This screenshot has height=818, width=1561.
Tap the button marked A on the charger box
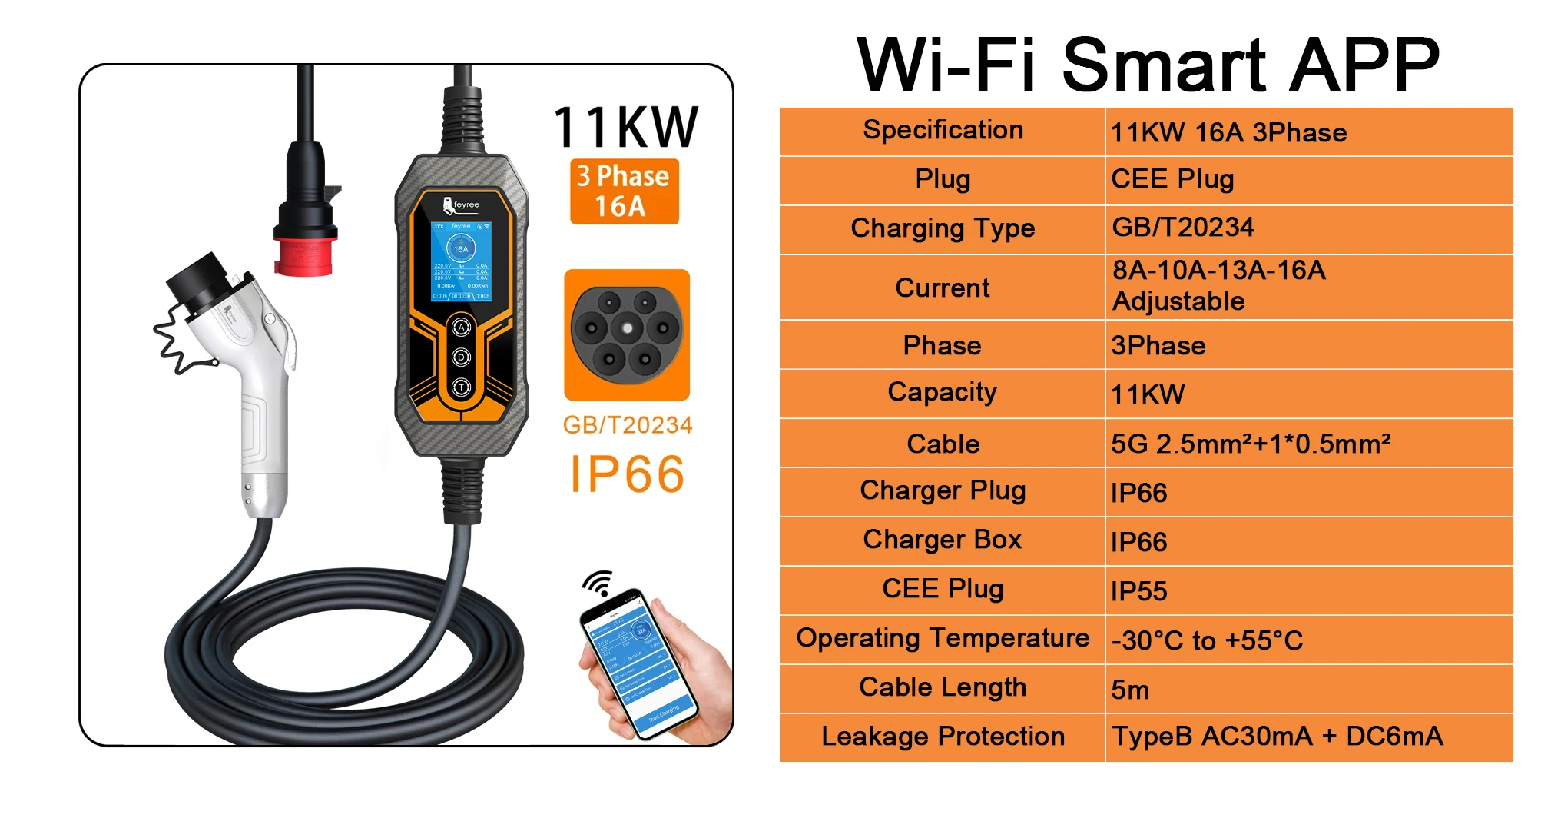point(461,328)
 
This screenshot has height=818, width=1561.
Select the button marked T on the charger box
point(461,387)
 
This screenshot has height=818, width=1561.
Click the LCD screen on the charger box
point(461,261)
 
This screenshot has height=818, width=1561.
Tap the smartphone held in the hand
point(638,662)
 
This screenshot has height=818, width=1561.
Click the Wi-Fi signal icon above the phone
point(598,583)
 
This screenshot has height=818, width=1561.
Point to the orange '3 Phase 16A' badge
point(624,191)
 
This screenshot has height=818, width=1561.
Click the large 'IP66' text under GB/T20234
point(627,474)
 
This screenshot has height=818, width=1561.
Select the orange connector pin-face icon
point(627,334)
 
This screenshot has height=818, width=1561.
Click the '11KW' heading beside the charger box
point(625,127)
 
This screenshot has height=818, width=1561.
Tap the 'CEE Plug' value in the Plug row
point(1172,179)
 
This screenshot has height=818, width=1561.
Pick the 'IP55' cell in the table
point(1138,591)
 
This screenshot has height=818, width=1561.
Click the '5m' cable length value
point(1130,690)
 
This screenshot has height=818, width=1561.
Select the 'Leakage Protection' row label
point(943,737)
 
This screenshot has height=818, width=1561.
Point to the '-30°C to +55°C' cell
point(1207,640)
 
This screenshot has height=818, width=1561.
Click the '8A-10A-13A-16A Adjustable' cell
point(1219,286)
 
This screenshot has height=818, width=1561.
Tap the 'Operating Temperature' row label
point(943,638)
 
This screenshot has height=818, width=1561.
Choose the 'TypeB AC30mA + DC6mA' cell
point(1277,737)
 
